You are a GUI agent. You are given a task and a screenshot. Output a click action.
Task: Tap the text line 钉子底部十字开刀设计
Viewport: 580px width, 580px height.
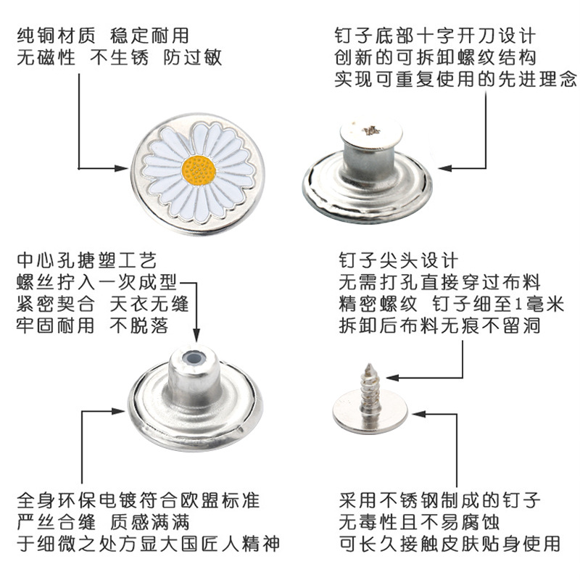point(435,35)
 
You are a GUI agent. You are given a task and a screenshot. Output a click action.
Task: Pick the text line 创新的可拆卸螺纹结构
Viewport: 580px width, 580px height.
point(435,57)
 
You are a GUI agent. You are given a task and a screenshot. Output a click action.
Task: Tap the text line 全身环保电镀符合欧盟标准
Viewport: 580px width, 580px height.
point(137,500)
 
